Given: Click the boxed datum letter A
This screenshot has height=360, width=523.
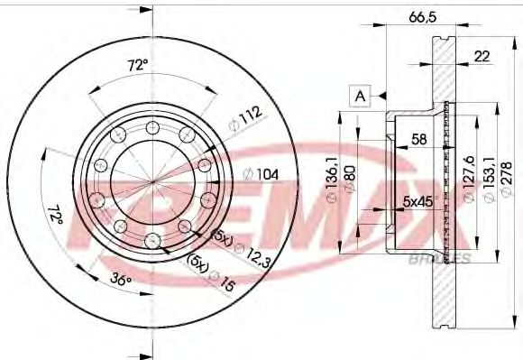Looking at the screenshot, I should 361,95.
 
